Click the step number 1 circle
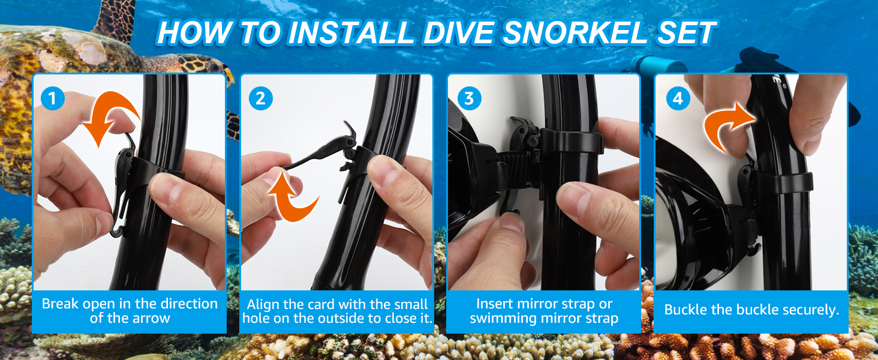[x=53, y=98]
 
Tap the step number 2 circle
[x=261, y=98]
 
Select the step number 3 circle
[x=469, y=98]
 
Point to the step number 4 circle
[x=678, y=98]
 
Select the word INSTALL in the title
[x=351, y=32]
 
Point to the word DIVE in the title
[x=458, y=32]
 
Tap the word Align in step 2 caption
[x=263, y=304]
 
